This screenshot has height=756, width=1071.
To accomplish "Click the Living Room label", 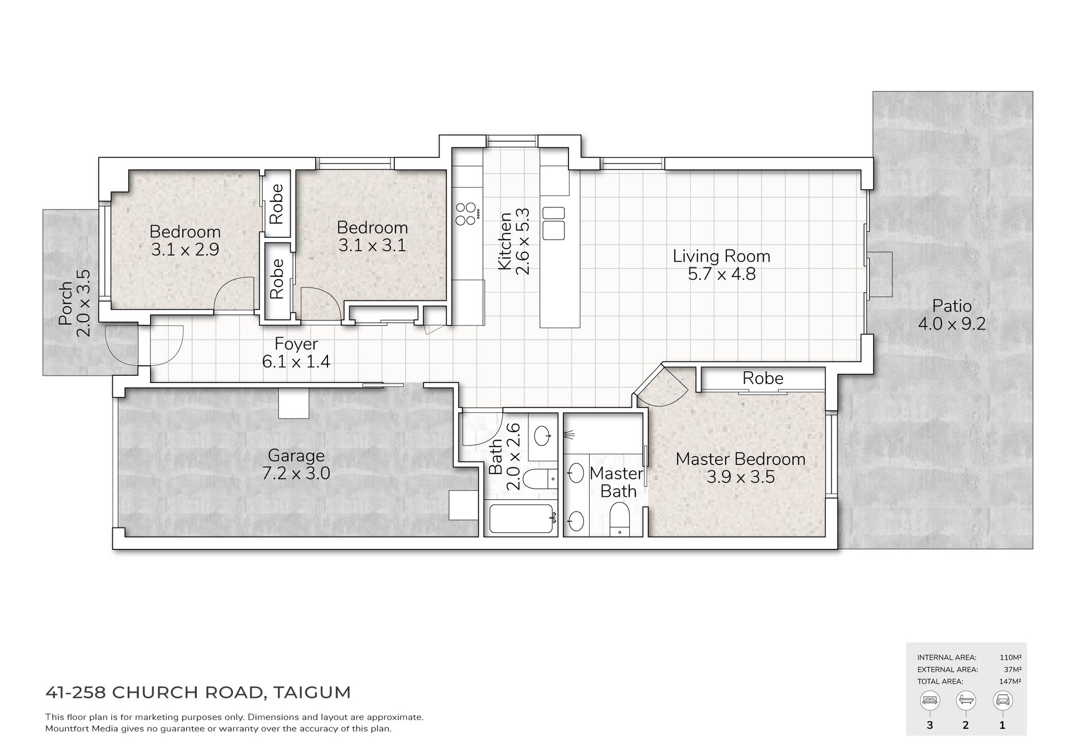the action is click(721, 256).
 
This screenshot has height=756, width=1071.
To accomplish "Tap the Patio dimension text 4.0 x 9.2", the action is click(952, 324).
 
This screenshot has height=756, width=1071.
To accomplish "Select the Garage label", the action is click(296, 456).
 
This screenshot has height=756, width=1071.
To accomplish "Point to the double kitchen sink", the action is click(553, 222).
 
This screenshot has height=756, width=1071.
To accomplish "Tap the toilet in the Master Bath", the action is click(619, 519).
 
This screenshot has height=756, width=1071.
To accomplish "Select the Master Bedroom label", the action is click(740, 460).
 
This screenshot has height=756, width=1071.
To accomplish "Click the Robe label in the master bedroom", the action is click(763, 379).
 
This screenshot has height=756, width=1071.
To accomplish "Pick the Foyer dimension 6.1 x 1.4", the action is click(296, 362).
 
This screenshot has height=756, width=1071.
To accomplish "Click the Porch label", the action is click(66, 304).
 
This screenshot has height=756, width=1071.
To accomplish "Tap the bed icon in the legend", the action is click(930, 700).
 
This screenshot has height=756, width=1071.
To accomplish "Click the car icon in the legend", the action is click(1002, 700).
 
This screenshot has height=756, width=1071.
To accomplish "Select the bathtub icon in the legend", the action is click(966, 700).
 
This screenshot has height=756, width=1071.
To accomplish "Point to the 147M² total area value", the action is click(1010, 681).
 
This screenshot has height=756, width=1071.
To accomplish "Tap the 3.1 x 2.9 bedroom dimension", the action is click(185, 249).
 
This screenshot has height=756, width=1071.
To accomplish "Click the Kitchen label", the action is click(504, 241).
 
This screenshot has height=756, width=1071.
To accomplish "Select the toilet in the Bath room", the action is click(542, 479).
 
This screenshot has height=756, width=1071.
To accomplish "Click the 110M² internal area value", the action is click(1010, 658).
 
